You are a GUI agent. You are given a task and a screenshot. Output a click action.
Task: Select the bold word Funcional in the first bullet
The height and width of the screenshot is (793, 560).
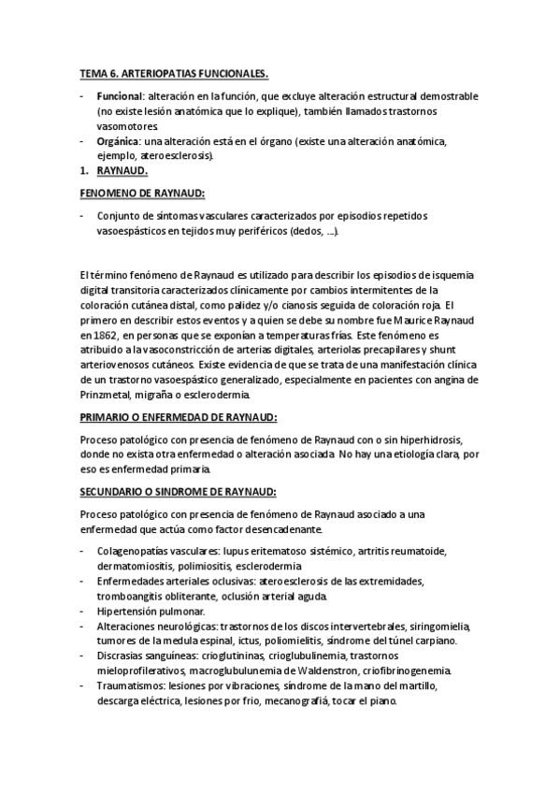(x=120, y=96)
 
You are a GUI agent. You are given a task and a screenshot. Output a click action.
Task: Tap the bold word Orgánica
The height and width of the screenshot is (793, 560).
(x=118, y=141)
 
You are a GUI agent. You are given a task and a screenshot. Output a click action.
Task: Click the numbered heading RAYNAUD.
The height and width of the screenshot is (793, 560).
(x=122, y=172)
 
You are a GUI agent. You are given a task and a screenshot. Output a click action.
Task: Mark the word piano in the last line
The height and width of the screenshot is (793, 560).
(x=383, y=701)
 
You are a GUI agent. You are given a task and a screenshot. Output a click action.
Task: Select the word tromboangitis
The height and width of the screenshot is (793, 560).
(x=132, y=597)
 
